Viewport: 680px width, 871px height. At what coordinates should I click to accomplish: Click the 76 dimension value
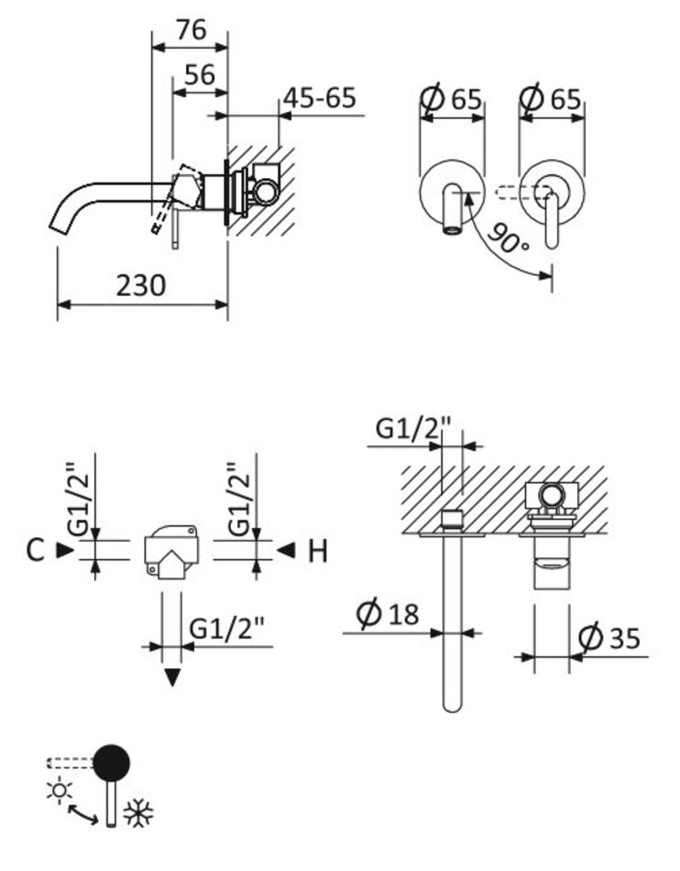(192, 29)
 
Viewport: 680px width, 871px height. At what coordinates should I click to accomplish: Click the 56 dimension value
(200, 74)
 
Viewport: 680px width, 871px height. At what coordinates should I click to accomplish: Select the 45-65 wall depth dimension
(319, 98)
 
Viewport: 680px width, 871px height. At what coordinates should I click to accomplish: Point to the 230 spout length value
(141, 285)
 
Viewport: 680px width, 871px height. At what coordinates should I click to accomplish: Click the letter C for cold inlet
(35, 551)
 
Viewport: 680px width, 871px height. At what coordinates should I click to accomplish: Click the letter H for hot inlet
(317, 552)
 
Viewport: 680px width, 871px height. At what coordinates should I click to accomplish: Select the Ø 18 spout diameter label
(388, 613)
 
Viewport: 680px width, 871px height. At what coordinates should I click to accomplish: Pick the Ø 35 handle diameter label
(609, 637)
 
